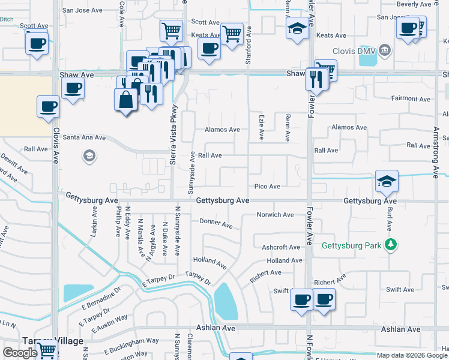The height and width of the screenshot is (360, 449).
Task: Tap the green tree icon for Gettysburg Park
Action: coord(390,244)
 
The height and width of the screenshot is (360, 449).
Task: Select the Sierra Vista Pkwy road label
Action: coord(175,127)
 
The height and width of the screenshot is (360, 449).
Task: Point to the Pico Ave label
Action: coord(267,187)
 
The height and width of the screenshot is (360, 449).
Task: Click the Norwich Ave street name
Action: coord(275,215)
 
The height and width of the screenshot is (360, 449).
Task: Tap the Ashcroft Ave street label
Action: coord(280,247)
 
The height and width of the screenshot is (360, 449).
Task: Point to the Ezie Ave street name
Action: coord(261,128)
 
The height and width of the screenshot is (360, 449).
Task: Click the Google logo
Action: coord(20,353)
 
